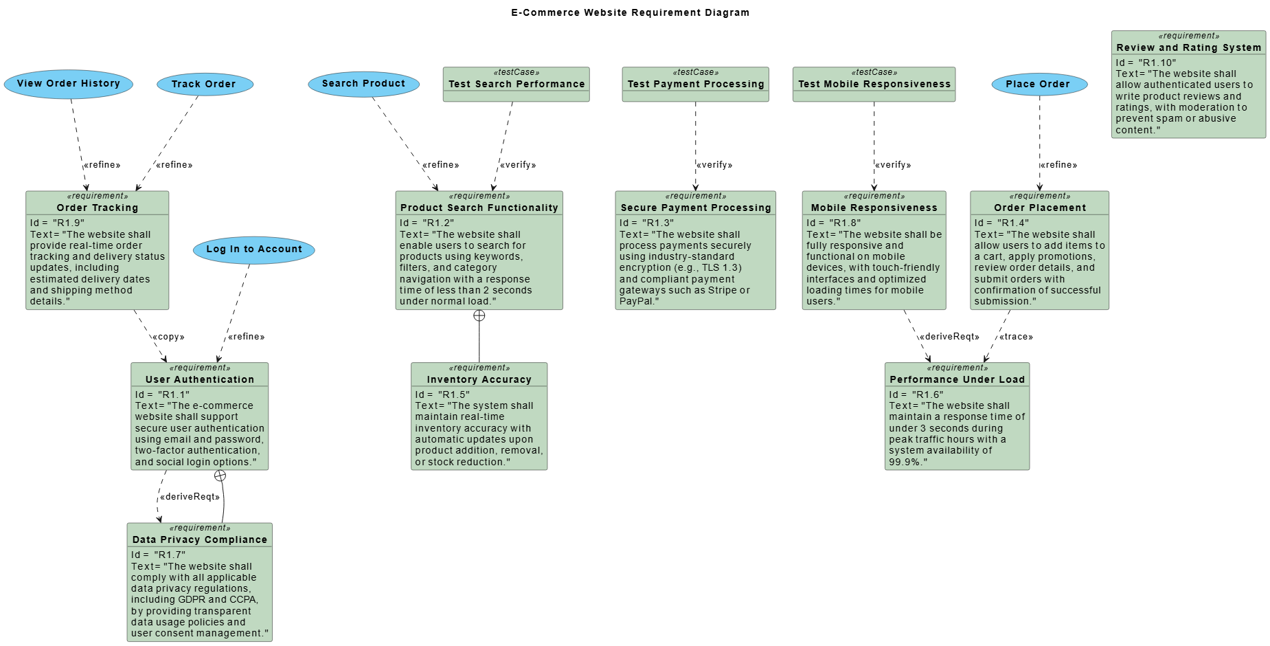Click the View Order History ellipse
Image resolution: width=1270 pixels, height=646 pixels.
point(68,84)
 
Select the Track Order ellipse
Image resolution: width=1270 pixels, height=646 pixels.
point(205,85)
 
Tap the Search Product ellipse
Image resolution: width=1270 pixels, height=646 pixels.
point(363,84)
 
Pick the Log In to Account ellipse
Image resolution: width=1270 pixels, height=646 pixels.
point(254,249)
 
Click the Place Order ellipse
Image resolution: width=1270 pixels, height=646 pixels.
point(1039,85)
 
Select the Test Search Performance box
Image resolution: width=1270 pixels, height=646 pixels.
point(517,85)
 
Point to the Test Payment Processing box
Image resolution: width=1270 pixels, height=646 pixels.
point(695,85)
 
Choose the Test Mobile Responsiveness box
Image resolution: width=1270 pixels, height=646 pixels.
point(874,85)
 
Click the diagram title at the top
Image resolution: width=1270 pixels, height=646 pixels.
point(630,12)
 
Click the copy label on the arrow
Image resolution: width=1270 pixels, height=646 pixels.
point(168,337)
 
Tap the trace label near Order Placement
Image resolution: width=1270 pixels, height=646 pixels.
point(1016,337)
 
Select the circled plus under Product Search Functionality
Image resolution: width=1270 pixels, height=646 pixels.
point(479,315)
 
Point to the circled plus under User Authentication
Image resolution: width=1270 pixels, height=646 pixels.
point(220,476)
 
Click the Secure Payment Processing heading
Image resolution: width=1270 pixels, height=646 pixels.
point(696,208)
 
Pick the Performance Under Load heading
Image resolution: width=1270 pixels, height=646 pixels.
point(957,379)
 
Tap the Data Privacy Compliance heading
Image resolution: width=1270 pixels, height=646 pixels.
point(200,539)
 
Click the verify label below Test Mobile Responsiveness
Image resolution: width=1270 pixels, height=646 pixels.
point(893,165)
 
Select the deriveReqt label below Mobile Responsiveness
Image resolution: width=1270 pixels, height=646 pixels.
point(949,337)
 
